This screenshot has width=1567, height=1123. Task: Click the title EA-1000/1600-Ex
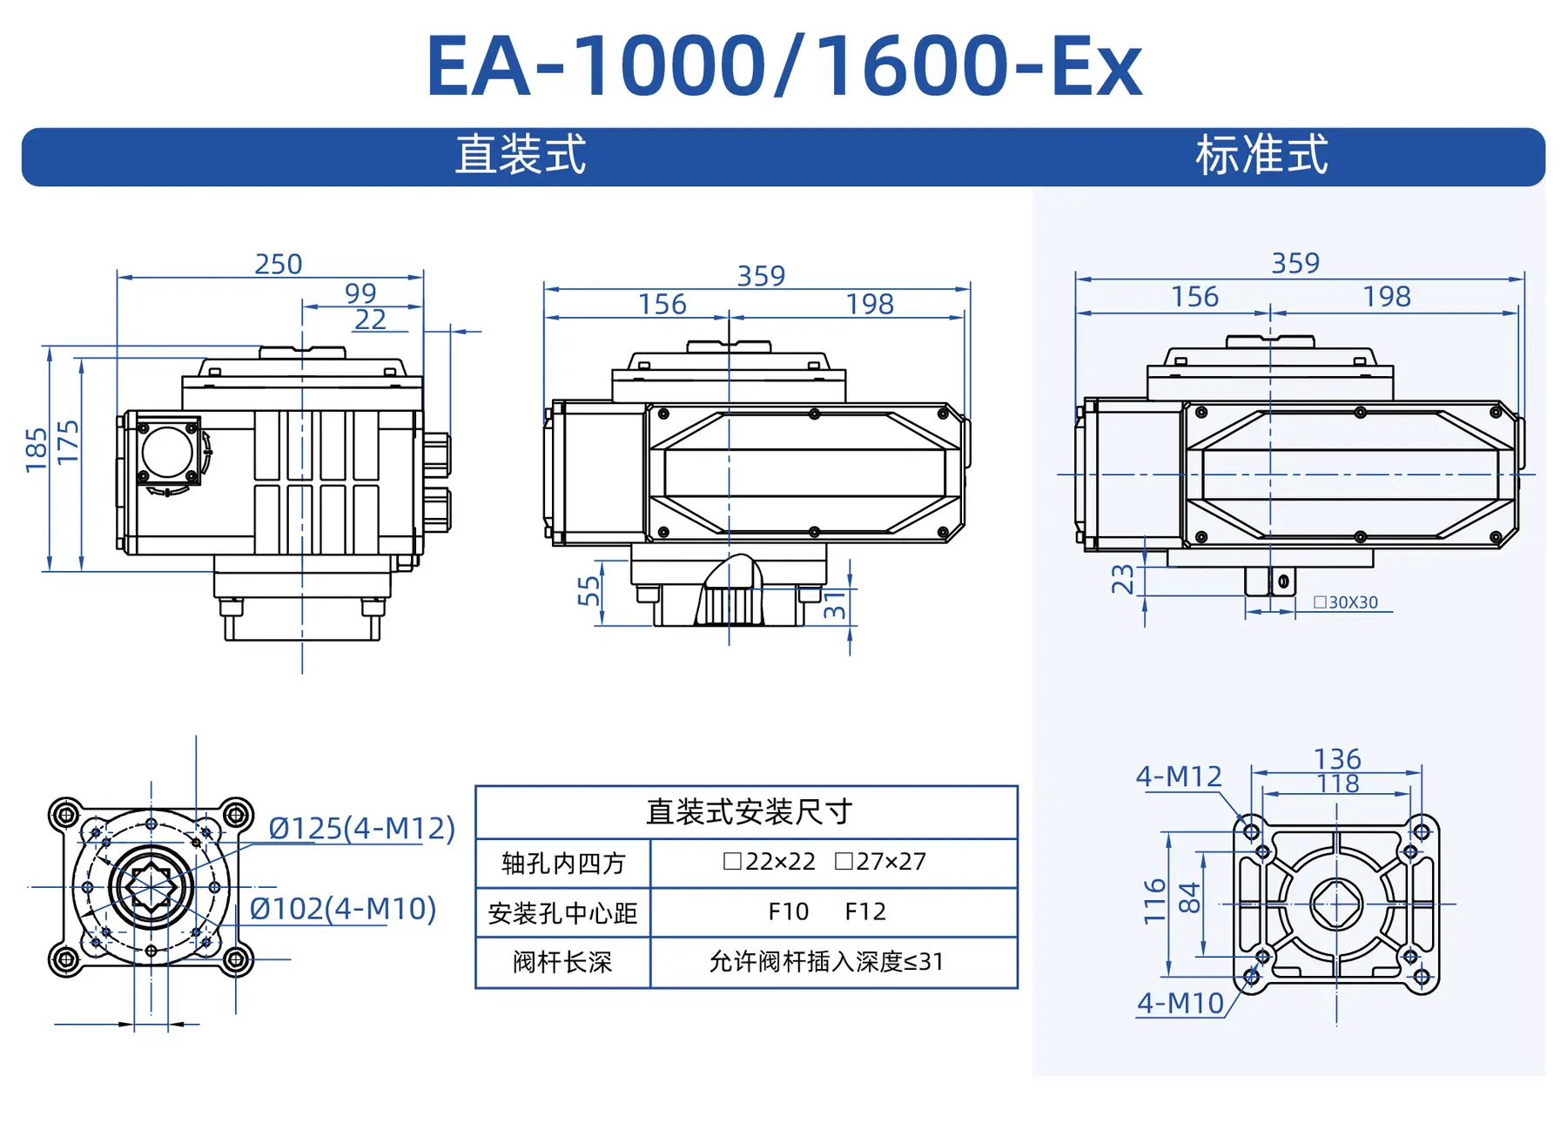783,66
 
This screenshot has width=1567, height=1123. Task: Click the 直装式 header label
521,155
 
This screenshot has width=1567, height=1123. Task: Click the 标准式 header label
1261,155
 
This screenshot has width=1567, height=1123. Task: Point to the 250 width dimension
278,264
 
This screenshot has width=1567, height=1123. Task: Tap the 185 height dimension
37,450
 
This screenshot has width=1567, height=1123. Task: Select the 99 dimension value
360,293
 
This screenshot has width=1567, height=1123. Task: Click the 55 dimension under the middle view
589,591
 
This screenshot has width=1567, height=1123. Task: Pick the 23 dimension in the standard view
1123,579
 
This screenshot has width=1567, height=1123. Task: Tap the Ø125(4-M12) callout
361,828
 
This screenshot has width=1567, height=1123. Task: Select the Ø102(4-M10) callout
342,909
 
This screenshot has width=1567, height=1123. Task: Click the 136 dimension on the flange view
1336,758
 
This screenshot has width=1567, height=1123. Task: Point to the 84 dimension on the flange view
1189,898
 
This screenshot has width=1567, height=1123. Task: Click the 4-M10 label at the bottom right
1180,1004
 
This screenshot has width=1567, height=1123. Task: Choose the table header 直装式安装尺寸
748,812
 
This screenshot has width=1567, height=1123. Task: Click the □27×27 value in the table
880,862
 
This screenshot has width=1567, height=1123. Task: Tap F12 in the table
865,911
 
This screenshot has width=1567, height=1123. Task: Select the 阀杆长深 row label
562,962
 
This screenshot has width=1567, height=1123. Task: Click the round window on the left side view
167,452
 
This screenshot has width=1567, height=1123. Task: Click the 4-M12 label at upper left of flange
1179,776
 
